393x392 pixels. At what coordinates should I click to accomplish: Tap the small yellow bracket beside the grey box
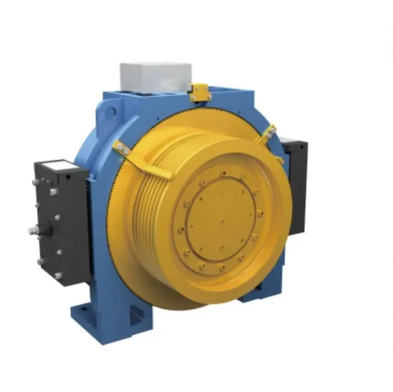[x=199, y=91]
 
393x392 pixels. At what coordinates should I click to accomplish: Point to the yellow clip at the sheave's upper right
[x=269, y=134]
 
